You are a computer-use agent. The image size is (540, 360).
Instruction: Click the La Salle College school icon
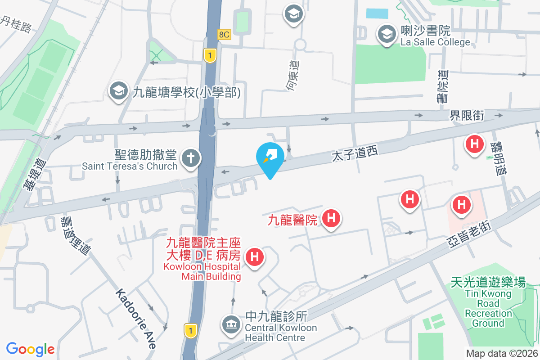coord(386,34)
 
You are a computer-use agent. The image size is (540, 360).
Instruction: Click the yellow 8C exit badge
coord(224,35)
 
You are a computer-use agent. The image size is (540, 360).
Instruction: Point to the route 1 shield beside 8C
coord(210,55)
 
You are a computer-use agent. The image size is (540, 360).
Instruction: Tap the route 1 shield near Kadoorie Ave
coord(191,330)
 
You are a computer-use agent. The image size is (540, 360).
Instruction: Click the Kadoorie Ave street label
coord(135,319)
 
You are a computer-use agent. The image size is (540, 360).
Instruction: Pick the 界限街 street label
coord(467,116)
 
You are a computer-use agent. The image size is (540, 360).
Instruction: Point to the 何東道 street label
coord(294,76)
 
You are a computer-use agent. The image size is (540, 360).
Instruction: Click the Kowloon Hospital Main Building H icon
coord(254,258)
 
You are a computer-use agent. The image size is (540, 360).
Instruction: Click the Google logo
coord(30,349)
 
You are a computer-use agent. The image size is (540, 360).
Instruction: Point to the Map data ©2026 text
coord(502,354)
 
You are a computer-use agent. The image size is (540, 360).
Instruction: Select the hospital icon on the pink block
coord(461,205)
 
